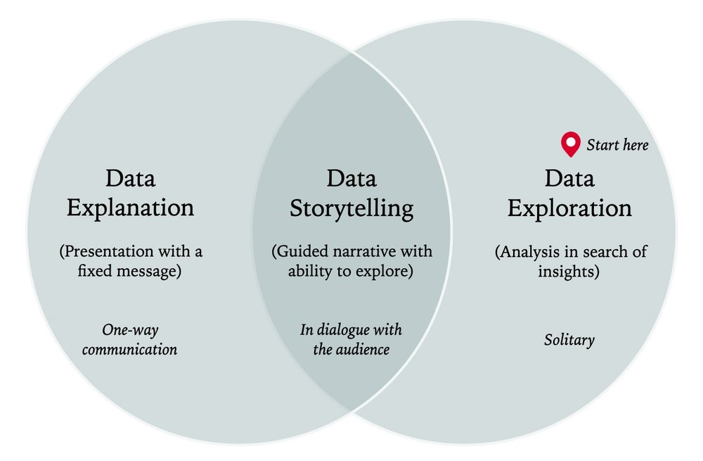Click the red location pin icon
[570, 144]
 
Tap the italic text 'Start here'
[617, 146]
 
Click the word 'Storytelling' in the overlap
[351, 208]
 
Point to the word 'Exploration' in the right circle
[569, 208]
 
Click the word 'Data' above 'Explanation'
[130, 178]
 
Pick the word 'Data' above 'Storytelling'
[351, 178]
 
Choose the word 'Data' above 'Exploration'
[569, 178]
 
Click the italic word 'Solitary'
[569, 340]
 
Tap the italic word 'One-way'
[129, 329]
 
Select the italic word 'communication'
[129, 349]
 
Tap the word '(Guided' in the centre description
[299, 251]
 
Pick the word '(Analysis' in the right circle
[527, 251]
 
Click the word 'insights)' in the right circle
[569, 271]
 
